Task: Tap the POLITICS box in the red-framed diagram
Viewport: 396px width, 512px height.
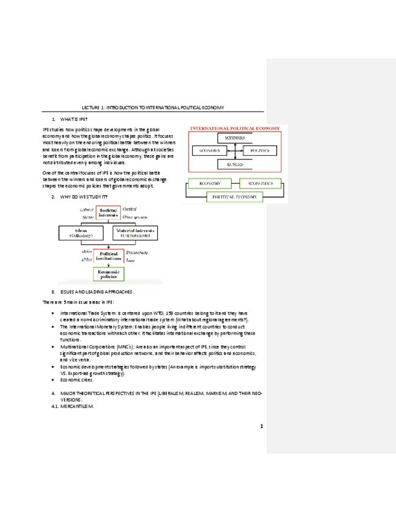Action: (x=260, y=150)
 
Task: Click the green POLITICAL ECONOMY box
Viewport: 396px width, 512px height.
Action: (x=235, y=197)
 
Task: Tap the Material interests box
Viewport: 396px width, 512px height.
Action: (x=134, y=234)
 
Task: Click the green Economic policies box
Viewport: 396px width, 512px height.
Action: (x=109, y=274)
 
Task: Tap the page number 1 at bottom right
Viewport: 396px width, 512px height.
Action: (x=262, y=427)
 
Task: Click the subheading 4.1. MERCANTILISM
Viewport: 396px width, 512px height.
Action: (x=73, y=407)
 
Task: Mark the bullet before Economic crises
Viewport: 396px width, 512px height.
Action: (x=53, y=380)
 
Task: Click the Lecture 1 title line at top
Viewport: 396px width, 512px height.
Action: (x=152, y=107)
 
